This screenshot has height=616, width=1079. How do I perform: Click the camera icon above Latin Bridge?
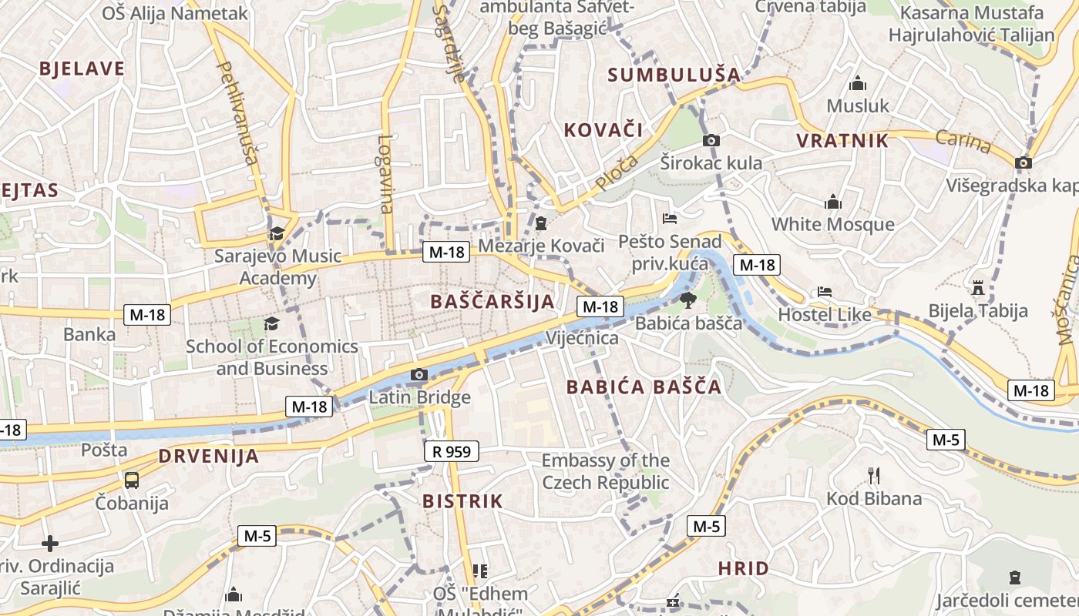418,375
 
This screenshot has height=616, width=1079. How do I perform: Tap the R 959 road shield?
452,451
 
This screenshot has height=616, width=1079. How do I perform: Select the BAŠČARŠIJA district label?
492,301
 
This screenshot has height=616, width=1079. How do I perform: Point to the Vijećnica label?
582,338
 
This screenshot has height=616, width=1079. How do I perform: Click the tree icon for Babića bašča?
687,300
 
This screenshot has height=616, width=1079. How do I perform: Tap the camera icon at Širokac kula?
711,140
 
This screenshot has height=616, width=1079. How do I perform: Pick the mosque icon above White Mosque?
832,203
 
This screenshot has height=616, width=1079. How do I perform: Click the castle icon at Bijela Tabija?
978,289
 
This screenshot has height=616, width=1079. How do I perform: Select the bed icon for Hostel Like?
824,293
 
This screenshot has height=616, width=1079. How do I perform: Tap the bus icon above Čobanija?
132,480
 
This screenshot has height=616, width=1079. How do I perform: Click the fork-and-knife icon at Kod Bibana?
873,476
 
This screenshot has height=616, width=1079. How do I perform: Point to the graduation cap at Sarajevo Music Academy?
276,233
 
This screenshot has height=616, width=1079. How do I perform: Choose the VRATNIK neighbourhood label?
842,141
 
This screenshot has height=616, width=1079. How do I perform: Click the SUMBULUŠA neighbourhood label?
674,75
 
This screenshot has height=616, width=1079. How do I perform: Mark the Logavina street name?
385,174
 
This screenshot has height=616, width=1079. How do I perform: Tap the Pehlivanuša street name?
237,113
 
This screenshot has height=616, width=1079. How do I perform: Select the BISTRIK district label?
462,501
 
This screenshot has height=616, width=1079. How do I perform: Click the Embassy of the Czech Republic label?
606,471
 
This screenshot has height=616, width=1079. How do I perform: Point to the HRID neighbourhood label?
743,569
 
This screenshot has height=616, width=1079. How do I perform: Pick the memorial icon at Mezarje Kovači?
541,223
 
